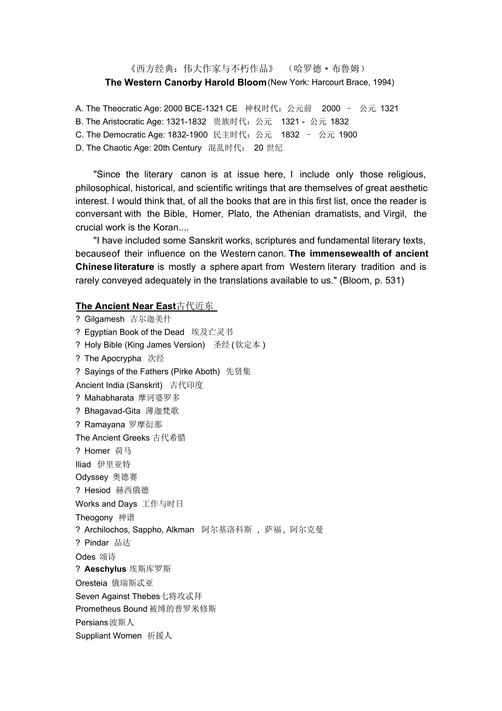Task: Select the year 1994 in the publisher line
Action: pos(383,82)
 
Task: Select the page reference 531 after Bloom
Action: pos(393,280)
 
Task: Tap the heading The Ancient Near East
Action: pos(125,306)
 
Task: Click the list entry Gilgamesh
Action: pos(104,319)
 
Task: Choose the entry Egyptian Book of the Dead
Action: pos(134,332)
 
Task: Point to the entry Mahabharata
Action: pos(109,398)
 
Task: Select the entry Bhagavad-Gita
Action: pos(112,411)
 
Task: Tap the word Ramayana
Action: pos(104,425)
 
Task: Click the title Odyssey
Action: pos(92,477)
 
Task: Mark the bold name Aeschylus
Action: pos(105,569)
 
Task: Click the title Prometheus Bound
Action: pos(111,609)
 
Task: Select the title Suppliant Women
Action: pos(109,636)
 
